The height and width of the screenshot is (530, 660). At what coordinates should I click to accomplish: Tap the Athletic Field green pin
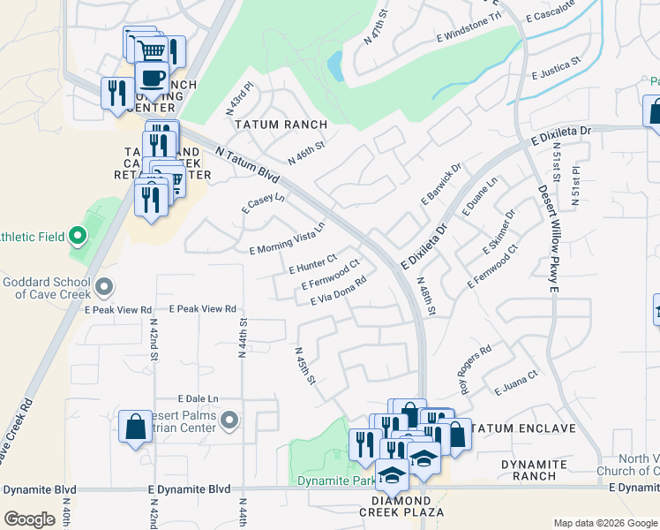click(77, 236)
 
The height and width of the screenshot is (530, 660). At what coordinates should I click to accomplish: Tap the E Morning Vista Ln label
click(288, 238)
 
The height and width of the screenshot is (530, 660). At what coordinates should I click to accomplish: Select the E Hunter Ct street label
click(312, 263)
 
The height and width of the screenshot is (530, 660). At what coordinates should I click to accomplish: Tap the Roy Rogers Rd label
click(474, 361)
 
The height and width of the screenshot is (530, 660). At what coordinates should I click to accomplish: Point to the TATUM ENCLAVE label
click(524, 428)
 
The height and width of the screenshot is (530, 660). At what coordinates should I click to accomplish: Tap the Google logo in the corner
click(29, 519)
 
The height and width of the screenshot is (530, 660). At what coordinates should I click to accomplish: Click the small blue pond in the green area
click(334, 64)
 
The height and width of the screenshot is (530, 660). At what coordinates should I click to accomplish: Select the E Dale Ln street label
click(198, 398)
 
